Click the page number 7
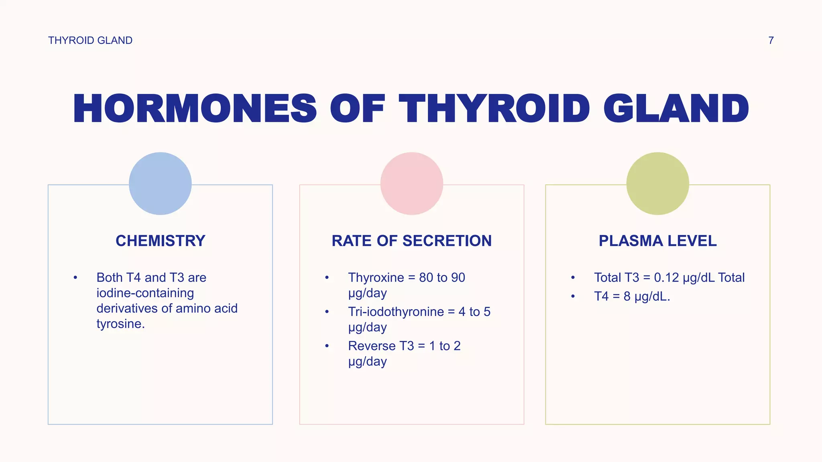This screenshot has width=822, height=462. click(771, 41)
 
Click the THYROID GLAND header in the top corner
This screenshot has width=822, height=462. click(90, 41)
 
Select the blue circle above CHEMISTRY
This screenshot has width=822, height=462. click(160, 183)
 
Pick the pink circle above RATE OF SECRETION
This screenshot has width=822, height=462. click(411, 183)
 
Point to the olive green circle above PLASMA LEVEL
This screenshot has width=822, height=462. click(657, 183)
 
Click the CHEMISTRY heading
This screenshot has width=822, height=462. click(160, 241)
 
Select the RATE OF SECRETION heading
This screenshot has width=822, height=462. click(411, 241)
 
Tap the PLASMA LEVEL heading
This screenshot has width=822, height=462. click(657, 241)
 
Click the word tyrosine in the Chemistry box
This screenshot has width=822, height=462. click(120, 324)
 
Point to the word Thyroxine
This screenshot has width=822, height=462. click(376, 278)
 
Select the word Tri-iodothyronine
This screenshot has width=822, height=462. click(396, 312)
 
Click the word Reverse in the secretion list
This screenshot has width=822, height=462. click(372, 346)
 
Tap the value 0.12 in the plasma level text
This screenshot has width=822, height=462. click(666, 278)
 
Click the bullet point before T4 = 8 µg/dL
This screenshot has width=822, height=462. click(573, 296)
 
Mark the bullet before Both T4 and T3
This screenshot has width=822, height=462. click(75, 278)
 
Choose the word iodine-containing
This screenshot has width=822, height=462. click(145, 293)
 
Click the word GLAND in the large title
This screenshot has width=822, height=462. click(676, 109)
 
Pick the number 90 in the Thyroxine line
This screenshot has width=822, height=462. click(458, 278)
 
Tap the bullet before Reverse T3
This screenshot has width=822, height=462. click(327, 346)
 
